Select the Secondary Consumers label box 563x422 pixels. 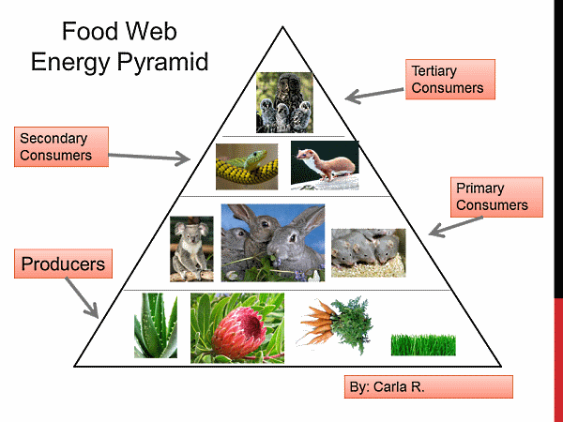coord(62,146)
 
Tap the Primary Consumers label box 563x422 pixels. coord(496,198)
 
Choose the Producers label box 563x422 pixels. coord(63,264)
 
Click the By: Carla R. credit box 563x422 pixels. coord(428,386)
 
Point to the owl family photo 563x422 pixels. coord(284,102)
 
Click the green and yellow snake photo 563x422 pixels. coord(247,166)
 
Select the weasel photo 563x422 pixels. coord(324,162)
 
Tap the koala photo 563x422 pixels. coord(191,249)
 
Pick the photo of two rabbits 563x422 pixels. coord(272,243)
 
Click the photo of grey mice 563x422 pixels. coord(367,252)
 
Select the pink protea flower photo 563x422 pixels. coord(236,327)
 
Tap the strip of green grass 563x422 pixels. coord(422,344)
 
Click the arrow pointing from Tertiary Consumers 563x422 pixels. coord(373,92)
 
